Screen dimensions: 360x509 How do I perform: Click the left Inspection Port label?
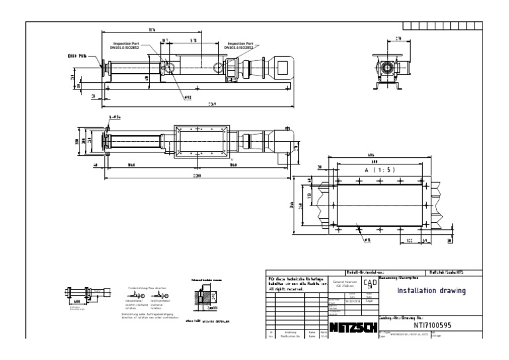(121, 45)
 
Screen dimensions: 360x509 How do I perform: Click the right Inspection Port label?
(243, 45)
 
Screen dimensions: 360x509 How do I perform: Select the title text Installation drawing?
(431, 290)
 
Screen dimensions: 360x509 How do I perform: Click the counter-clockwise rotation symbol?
(140, 299)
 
